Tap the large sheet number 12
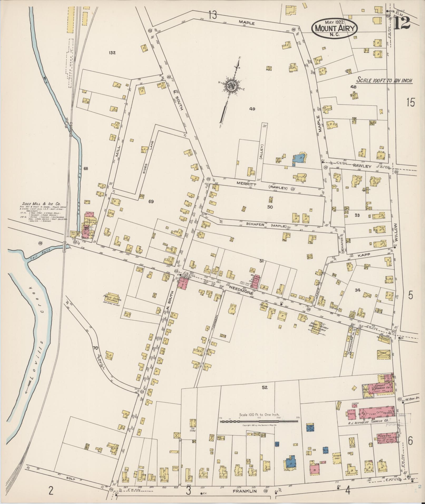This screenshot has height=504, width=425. point(402,23)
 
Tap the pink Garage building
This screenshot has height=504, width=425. point(387,438)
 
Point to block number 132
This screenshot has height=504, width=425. point(112,53)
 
